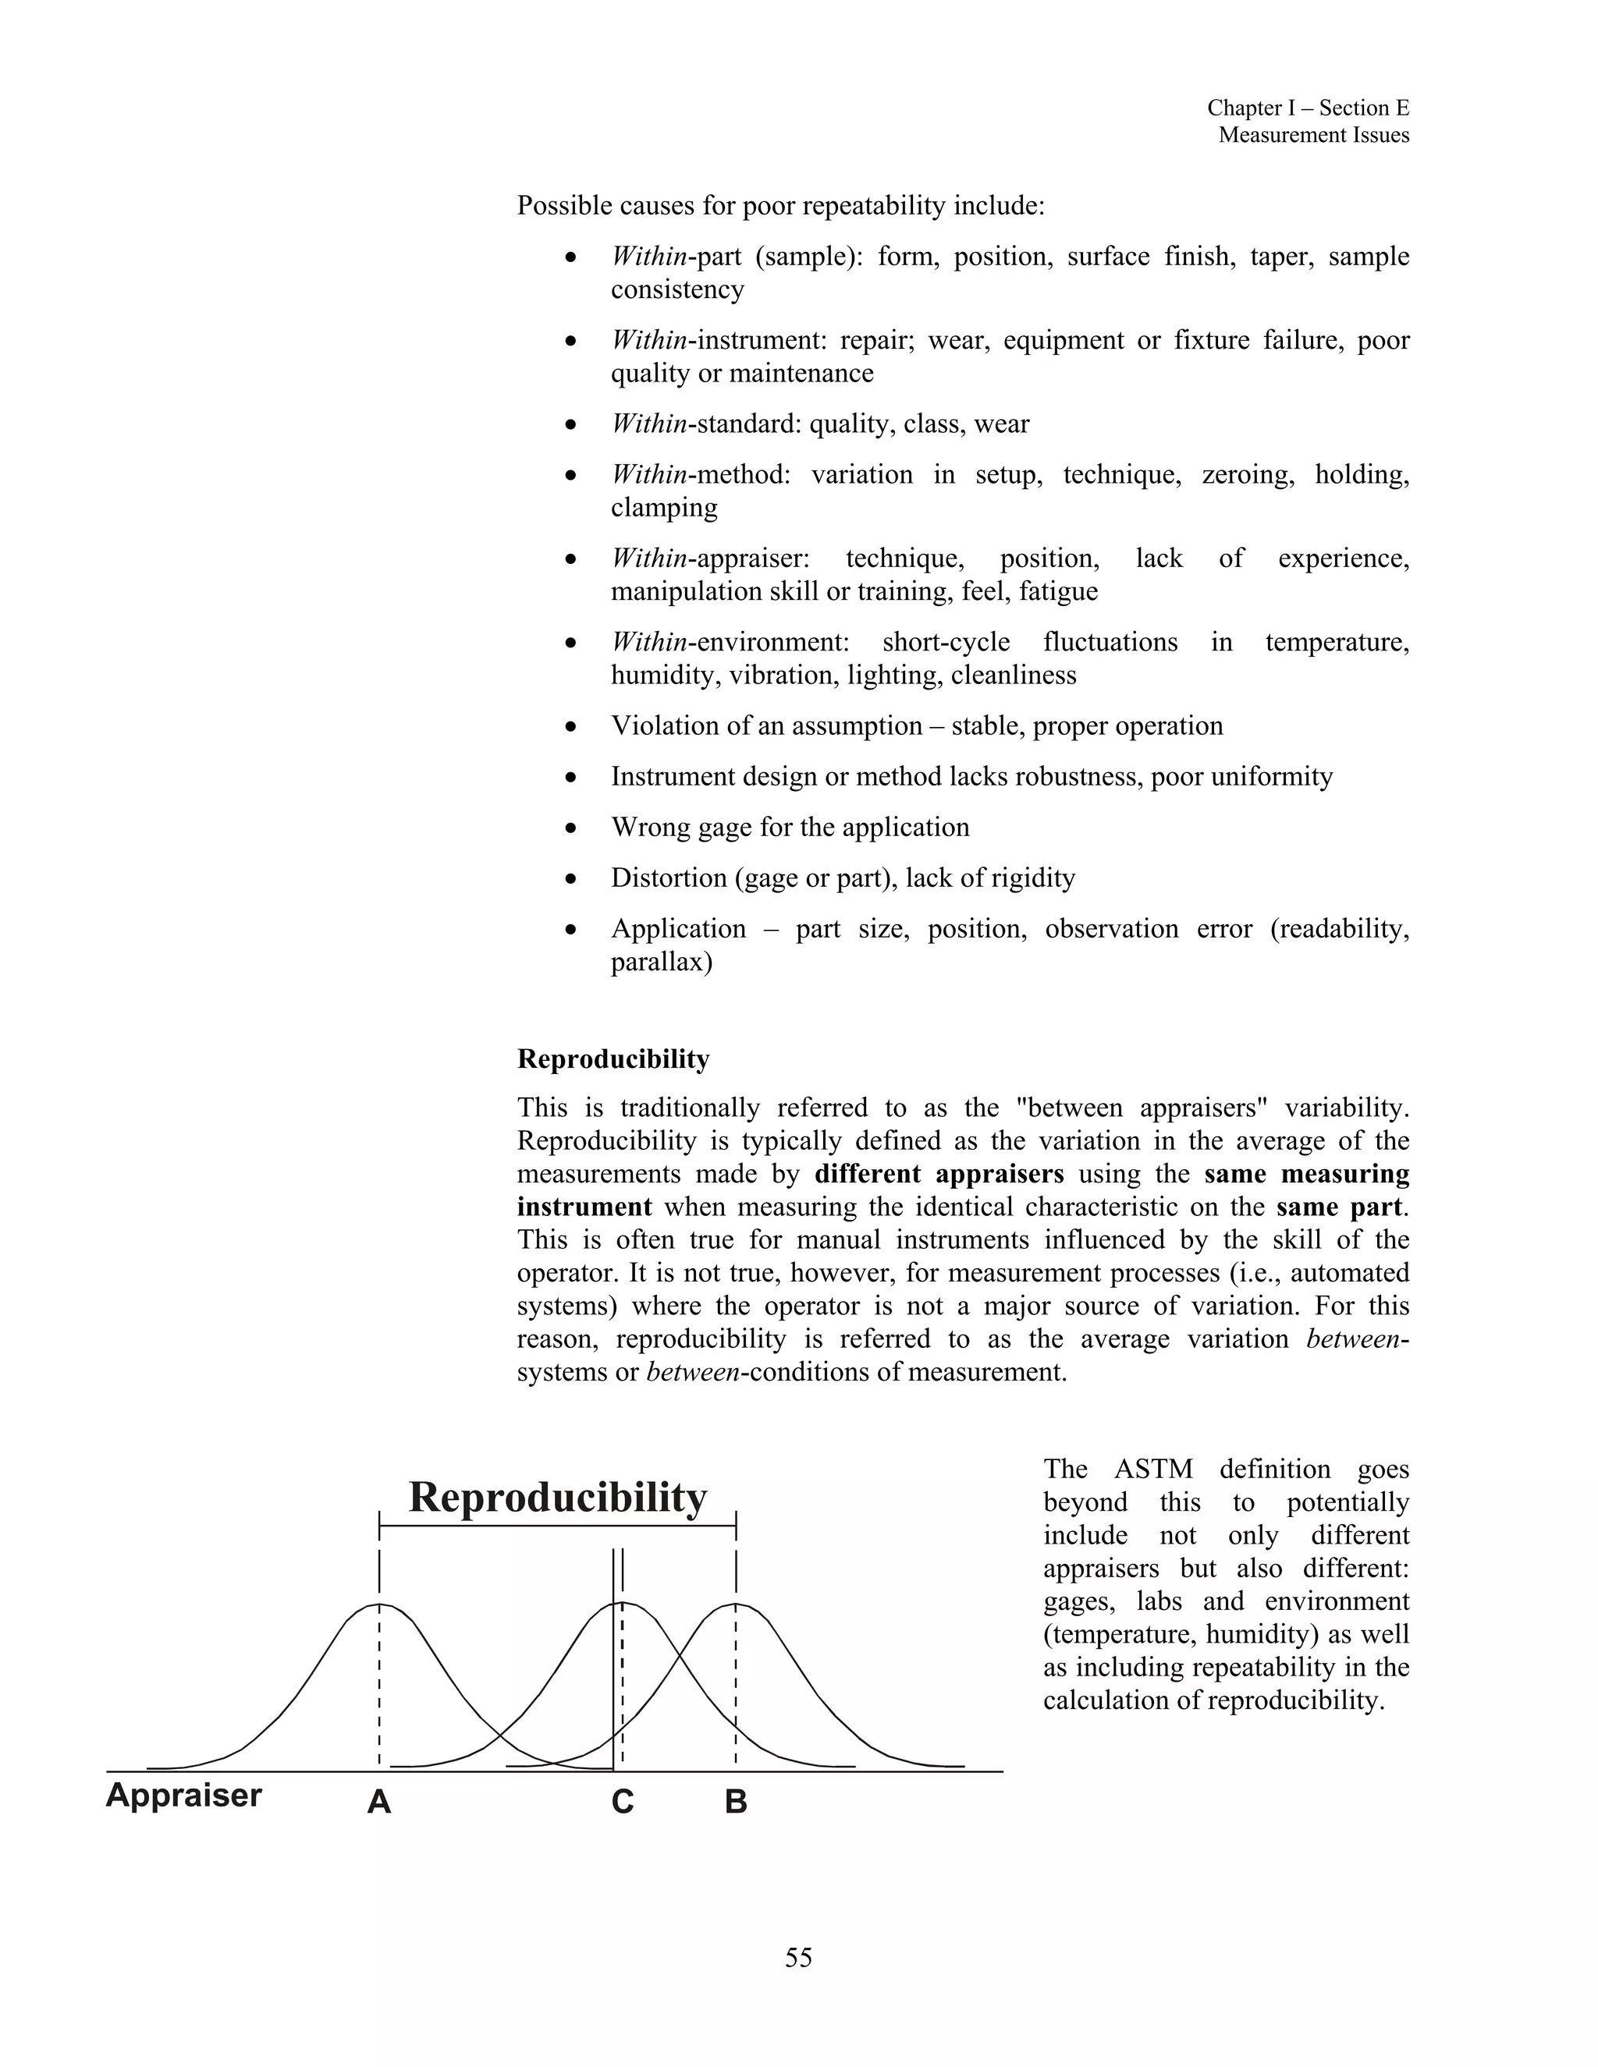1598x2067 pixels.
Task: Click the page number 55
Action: (798, 1957)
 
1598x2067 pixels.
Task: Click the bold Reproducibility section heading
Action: (613, 1059)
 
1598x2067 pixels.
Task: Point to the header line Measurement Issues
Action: (1313, 136)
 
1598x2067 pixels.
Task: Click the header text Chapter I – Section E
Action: (1308, 109)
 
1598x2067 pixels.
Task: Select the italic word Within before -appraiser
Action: (648, 558)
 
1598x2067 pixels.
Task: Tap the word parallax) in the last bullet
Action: (661, 963)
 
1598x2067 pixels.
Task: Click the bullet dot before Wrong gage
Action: (570, 828)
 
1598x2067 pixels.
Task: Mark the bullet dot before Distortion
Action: (570, 879)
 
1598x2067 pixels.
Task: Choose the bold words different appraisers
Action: (939, 1174)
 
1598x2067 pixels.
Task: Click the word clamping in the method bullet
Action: (664, 509)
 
